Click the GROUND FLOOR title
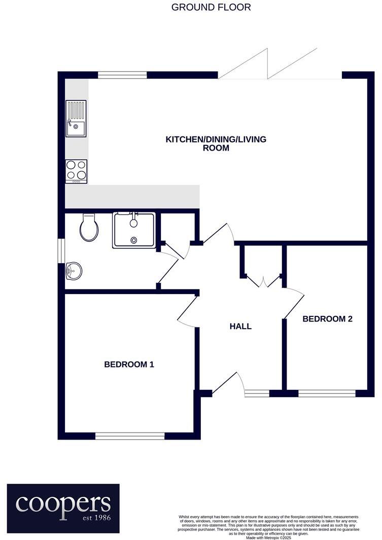[x=211, y=8]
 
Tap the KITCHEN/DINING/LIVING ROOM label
[x=216, y=143]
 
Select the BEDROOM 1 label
[x=129, y=364]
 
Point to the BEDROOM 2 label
[x=327, y=319]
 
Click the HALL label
[x=240, y=327]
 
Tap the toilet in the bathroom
[x=89, y=228]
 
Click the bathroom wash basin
[x=74, y=271]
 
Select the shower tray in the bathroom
[x=134, y=230]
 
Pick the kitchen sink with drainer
[x=76, y=119]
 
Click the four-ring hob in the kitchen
[x=76, y=171]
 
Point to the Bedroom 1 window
[x=129, y=436]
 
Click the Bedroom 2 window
[x=327, y=393]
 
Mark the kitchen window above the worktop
[x=122, y=75]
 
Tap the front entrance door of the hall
[x=226, y=384]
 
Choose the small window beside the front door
[x=257, y=393]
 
